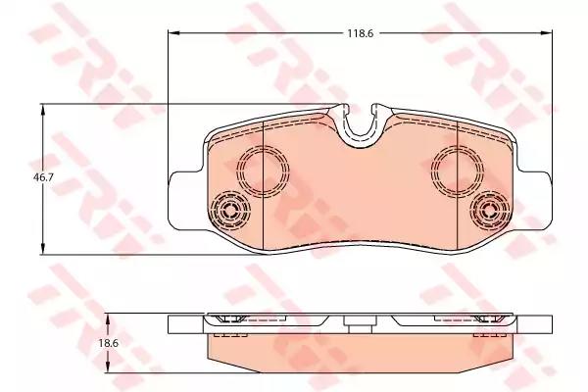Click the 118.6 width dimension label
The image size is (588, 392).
pyautogui.click(x=360, y=33)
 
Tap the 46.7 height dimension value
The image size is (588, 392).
pyautogui.click(x=43, y=177)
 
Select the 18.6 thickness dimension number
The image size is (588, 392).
pyautogui.click(x=109, y=343)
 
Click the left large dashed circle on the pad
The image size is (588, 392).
pyautogui.click(x=263, y=171)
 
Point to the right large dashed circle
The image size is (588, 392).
pyautogui.click(x=457, y=171)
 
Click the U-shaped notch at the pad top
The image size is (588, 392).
pyautogui.click(x=360, y=134)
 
